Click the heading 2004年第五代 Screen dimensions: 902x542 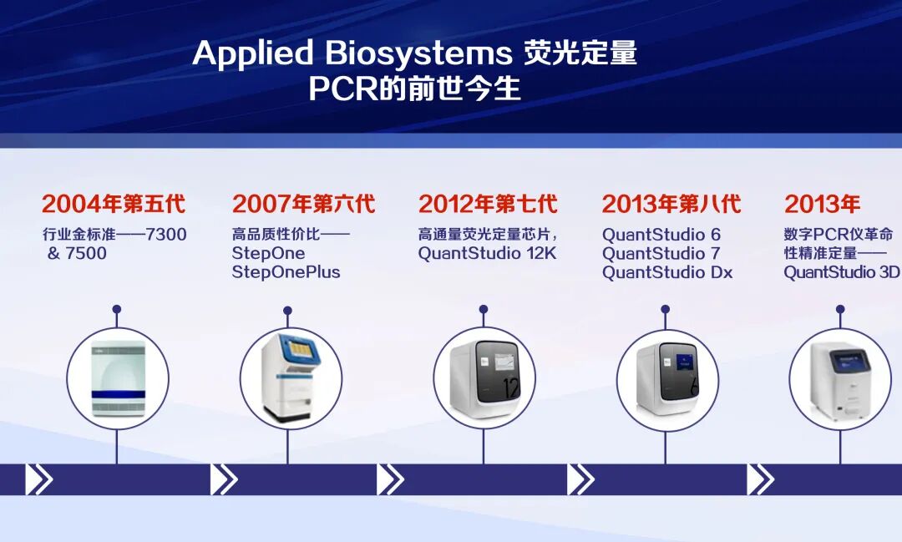(114, 204)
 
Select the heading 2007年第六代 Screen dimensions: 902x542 (304, 204)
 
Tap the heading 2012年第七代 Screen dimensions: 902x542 (488, 204)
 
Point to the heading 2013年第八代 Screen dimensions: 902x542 (671, 204)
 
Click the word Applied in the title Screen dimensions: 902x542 (252, 53)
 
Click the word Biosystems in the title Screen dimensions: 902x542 (418, 53)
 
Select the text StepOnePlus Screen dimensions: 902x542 (286, 271)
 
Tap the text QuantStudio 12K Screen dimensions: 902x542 (487, 253)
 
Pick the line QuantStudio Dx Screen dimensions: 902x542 (667, 271)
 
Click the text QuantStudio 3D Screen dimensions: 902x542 (842, 271)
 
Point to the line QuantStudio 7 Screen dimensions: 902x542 (661, 253)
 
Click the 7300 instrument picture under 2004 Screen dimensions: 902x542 (119, 378)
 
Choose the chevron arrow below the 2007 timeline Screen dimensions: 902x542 (224, 479)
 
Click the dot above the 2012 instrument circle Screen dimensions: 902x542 (484, 309)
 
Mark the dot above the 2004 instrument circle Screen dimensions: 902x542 (117, 309)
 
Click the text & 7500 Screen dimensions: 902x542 (77, 253)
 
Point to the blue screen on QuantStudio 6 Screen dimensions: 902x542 (685, 361)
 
